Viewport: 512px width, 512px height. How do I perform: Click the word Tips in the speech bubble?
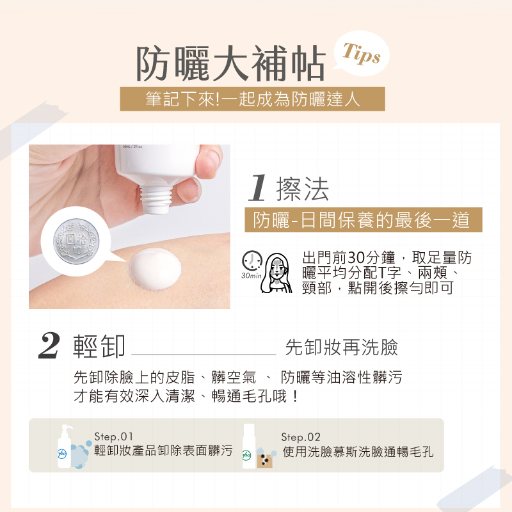point(362,54)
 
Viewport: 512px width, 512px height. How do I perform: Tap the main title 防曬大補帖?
point(231,63)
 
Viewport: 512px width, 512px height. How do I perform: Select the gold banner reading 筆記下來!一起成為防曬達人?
point(252,99)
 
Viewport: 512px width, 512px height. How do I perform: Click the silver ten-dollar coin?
point(76,241)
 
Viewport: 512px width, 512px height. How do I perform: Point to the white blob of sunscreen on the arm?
point(156,269)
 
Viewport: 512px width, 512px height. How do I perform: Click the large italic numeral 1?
point(258,188)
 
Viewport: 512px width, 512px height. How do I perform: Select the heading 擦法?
point(302,189)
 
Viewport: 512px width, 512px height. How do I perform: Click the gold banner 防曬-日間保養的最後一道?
point(364,220)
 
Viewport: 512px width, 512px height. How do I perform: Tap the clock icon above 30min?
point(252,261)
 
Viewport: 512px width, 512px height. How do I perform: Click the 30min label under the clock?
point(252,276)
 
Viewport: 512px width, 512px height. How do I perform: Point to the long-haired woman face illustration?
point(277,273)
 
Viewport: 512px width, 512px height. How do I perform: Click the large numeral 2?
point(49,346)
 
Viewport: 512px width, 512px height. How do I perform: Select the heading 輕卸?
point(99,346)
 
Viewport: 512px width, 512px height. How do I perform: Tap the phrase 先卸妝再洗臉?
point(342,347)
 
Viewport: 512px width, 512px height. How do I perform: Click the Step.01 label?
point(114,436)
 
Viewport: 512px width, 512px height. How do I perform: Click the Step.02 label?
point(301,437)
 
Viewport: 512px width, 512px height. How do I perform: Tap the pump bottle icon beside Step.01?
point(65,446)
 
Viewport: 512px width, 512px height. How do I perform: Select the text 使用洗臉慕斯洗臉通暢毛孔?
point(358,452)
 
